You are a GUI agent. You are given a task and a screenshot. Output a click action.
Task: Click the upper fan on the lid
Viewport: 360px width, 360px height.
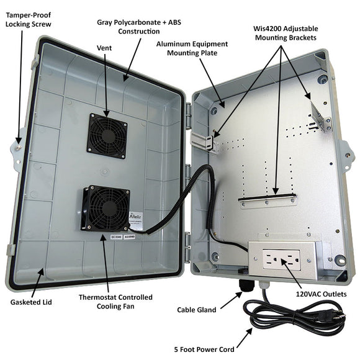(107, 135)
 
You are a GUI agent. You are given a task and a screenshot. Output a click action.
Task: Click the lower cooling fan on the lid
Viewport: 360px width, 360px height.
(104, 209)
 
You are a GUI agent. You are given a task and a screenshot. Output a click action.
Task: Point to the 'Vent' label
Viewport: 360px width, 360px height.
(105, 47)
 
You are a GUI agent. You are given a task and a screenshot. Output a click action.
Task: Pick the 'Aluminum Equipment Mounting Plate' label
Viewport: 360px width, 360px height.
(192, 49)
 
